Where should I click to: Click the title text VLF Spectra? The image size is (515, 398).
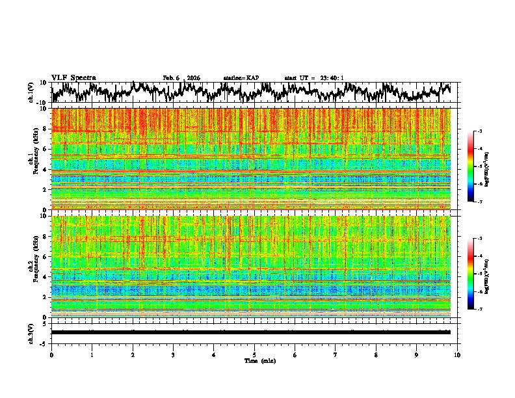(x=73, y=78)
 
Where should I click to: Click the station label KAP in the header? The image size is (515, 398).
(x=252, y=78)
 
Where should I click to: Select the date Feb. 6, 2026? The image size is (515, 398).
(x=181, y=78)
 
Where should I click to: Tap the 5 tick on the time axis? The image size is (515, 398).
(x=254, y=354)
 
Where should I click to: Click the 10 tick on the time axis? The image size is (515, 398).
(x=458, y=354)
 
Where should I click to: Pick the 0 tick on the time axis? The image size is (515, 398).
(x=51, y=354)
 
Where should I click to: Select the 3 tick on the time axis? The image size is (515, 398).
(x=173, y=354)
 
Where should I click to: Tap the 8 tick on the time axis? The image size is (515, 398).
(x=376, y=354)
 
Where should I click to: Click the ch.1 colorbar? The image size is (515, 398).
(x=478, y=166)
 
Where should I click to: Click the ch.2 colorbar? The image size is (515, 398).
(x=478, y=274)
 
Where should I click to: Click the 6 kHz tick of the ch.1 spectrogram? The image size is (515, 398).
(x=46, y=149)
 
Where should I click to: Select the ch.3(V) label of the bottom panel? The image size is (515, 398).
(x=31, y=332)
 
